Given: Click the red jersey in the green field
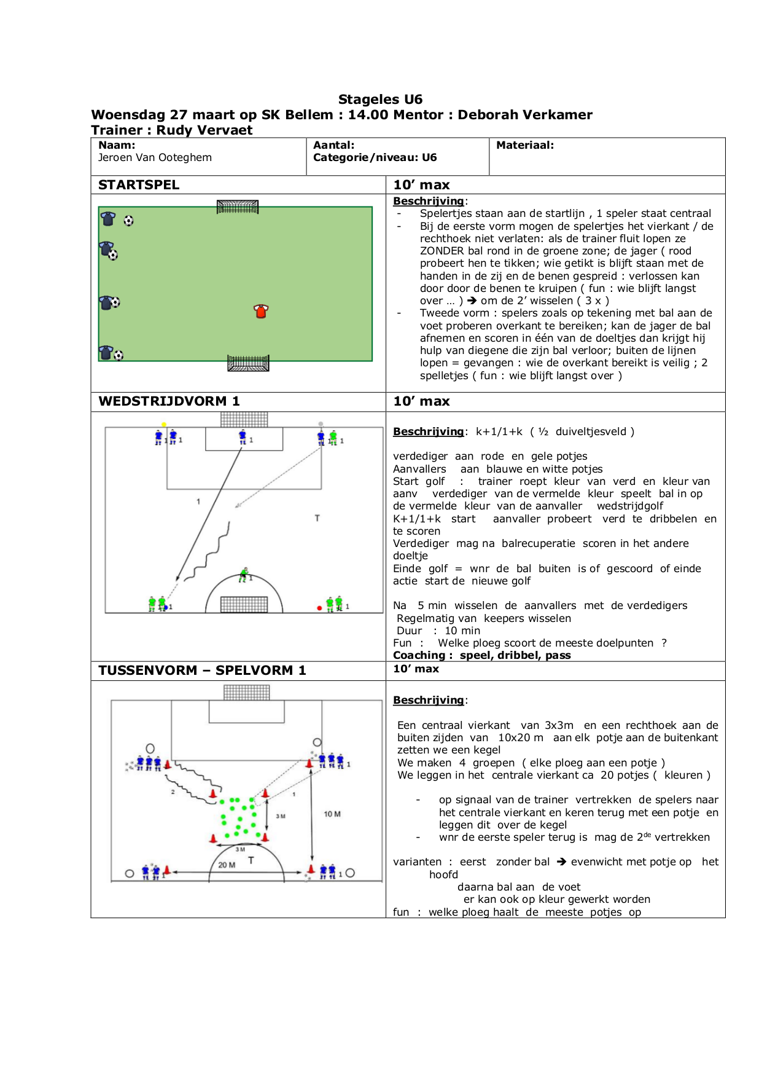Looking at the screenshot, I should tap(261, 311).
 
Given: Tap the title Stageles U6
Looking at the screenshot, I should tap(380, 100).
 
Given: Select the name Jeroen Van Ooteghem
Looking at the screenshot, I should tap(155, 157).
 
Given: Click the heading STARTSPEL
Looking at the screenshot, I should tap(139, 185).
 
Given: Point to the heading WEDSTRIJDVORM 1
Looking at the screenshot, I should tap(169, 401).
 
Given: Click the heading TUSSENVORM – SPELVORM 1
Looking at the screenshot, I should tap(202, 671).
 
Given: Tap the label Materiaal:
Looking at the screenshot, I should tap(525, 146).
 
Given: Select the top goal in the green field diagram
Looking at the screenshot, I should tap(238, 207).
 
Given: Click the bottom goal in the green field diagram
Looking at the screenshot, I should tap(248, 363).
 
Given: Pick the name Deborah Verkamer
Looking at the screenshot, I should tap(525, 115).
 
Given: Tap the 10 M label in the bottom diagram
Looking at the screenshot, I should tap(332, 814).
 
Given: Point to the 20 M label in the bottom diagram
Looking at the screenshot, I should tap(227, 865).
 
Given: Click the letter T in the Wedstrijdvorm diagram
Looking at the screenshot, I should tap(317, 518).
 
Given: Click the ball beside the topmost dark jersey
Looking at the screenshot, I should tap(128, 221).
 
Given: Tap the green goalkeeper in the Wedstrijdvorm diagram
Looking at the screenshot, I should tap(244, 575).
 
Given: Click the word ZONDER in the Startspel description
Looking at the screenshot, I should tap(442, 251).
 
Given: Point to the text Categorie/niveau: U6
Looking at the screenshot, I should tap(375, 157).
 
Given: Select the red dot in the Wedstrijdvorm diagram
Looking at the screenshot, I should tap(319, 608).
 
